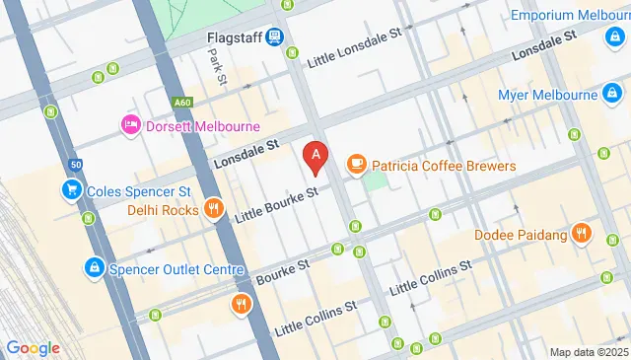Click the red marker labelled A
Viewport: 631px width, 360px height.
(x=315, y=156)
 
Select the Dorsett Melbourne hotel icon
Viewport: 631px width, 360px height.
(x=129, y=125)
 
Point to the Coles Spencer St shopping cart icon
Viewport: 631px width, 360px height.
(x=71, y=189)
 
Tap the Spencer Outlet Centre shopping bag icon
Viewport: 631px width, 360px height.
(x=93, y=266)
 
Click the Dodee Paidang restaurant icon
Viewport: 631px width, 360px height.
(x=583, y=234)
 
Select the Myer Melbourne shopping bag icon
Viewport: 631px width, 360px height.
(x=612, y=95)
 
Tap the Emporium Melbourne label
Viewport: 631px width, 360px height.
(x=571, y=16)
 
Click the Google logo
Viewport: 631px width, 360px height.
(x=33, y=347)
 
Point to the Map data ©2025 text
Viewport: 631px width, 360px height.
(x=588, y=352)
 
